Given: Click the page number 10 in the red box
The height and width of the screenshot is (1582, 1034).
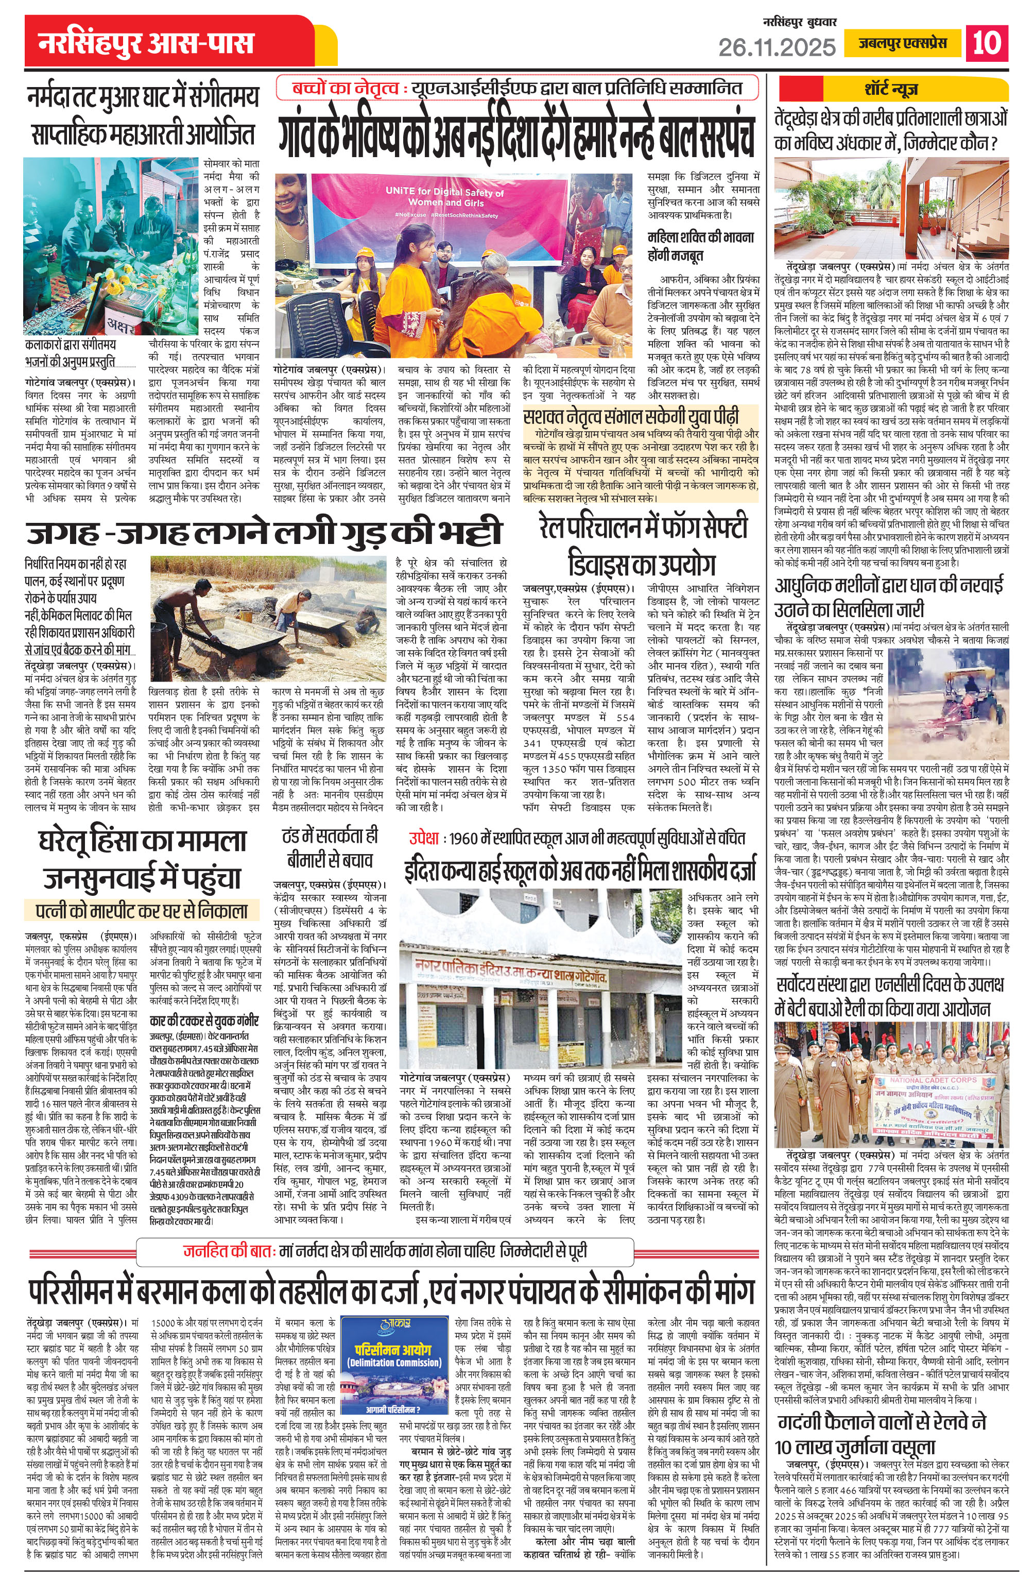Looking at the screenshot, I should click(987, 43).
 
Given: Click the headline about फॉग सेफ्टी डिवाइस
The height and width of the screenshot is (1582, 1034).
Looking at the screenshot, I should click(643, 546).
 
